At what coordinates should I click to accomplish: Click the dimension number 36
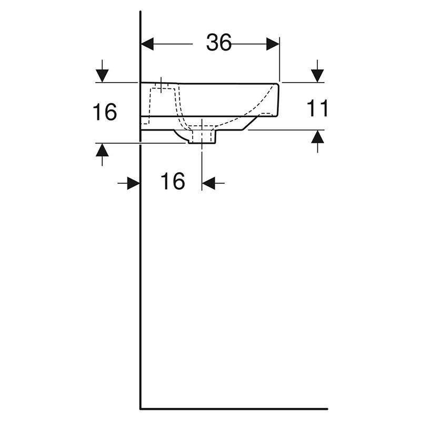click(218, 43)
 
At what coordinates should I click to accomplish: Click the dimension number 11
click(317, 108)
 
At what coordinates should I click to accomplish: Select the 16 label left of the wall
click(105, 112)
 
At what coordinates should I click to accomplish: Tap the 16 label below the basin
click(173, 181)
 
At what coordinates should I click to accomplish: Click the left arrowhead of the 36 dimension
click(147, 44)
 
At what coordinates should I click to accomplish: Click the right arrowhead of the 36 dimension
click(273, 44)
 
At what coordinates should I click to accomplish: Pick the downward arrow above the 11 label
click(317, 71)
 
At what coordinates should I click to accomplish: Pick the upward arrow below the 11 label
click(317, 142)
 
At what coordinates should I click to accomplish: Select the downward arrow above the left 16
click(102, 71)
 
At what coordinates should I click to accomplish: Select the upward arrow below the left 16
click(102, 155)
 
